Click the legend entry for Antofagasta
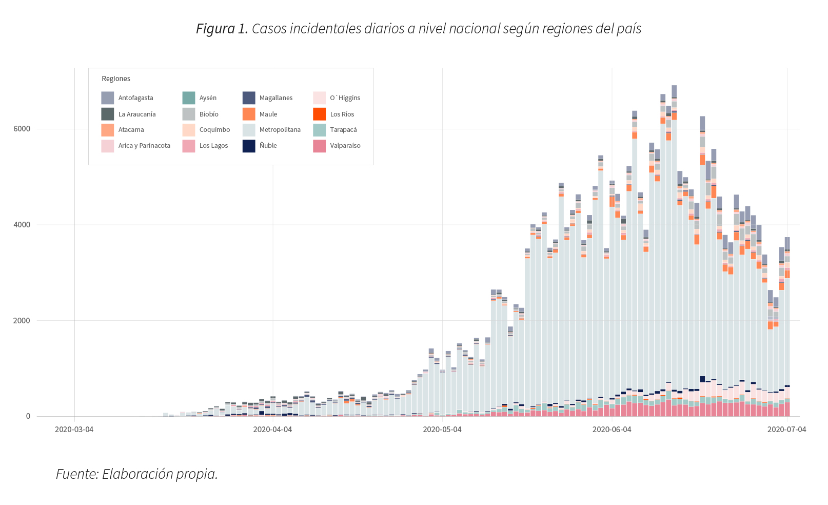click(x=135, y=98)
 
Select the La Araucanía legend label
click(x=137, y=114)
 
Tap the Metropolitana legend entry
click(x=280, y=130)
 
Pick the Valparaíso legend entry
click(x=345, y=146)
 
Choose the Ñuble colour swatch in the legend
click(x=249, y=146)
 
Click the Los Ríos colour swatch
click(x=319, y=114)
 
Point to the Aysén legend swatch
click(x=189, y=98)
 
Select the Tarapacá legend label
click(x=343, y=130)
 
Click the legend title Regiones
click(x=116, y=79)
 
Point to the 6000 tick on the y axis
click(x=22, y=129)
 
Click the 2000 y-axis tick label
click(x=22, y=321)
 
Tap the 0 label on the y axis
click(x=28, y=416)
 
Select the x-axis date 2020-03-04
click(x=74, y=430)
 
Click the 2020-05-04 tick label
click(x=442, y=430)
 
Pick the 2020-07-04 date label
click(x=786, y=430)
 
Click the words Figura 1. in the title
click(x=222, y=29)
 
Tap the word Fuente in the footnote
click(x=76, y=474)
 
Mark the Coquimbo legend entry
click(x=214, y=130)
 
